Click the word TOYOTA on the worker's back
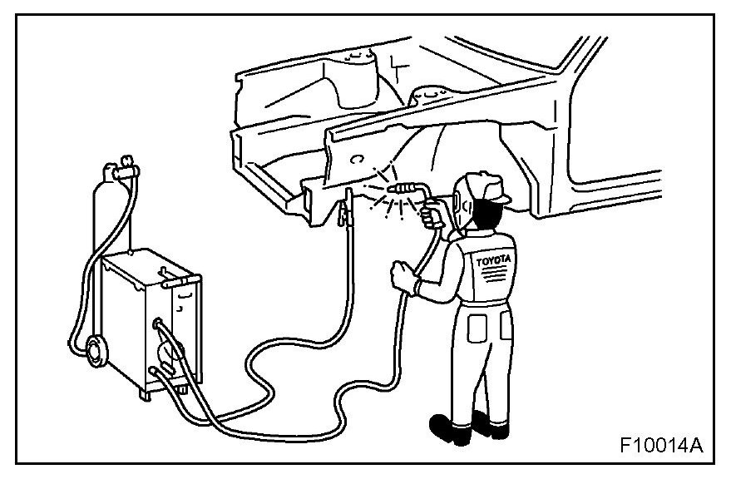pos(491,261)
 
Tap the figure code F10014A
pos(661,445)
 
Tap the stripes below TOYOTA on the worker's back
pos(491,275)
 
